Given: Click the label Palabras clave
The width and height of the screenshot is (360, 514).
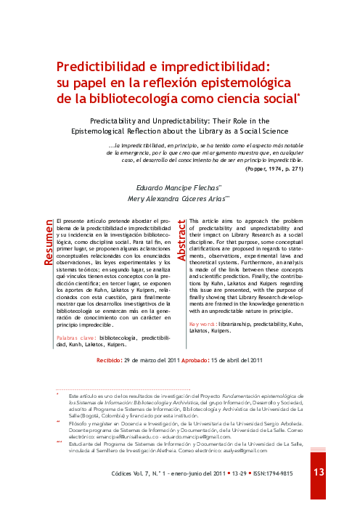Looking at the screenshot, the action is (75, 338).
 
